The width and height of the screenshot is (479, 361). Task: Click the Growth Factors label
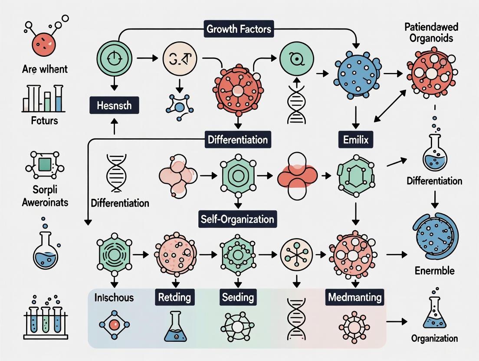(x=239, y=30)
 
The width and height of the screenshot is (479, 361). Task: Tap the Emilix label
(x=356, y=141)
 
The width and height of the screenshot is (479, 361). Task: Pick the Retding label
(x=175, y=297)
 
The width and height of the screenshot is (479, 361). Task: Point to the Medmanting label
(x=355, y=297)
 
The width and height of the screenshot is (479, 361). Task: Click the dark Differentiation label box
(x=237, y=141)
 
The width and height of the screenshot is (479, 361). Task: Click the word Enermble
(x=434, y=271)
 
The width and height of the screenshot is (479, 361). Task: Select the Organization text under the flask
(x=435, y=338)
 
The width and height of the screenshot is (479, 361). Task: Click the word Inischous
(x=114, y=298)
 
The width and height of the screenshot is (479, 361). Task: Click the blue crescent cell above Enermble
(x=435, y=234)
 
